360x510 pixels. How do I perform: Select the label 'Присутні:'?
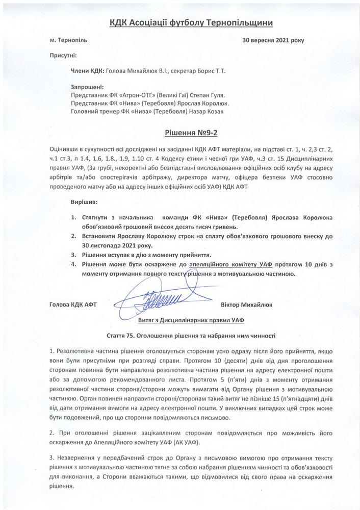[64, 54]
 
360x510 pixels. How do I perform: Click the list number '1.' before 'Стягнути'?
[74, 217]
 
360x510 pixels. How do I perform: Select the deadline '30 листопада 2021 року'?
[102, 245]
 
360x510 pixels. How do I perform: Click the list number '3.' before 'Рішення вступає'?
[74, 254]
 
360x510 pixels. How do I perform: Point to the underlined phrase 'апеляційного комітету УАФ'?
[230, 264]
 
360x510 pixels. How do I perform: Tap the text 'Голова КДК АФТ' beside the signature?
[73, 305]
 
